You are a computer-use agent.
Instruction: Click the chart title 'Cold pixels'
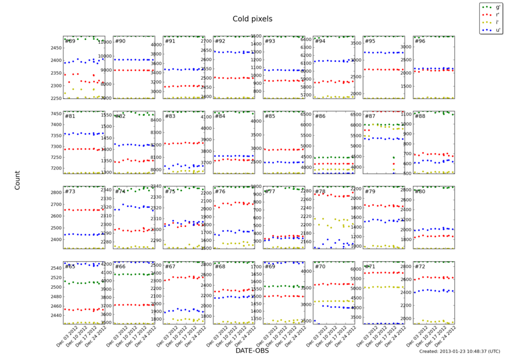tap(252, 19)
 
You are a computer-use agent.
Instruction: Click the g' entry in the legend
tap(497, 7)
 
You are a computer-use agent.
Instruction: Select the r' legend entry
tap(497, 15)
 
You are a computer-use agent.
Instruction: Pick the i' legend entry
tap(497, 22)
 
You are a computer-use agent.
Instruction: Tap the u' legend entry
tap(497, 29)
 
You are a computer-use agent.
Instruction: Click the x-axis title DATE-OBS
tap(252, 350)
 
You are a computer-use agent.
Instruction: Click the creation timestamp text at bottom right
tap(460, 352)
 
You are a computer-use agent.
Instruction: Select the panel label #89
tap(70, 41)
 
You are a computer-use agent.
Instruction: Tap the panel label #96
tap(419, 41)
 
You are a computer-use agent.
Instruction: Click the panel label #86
tap(320, 116)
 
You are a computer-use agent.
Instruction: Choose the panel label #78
tap(320, 192)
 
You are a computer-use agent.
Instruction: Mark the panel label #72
tap(419, 266)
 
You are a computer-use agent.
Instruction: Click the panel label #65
tap(70, 266)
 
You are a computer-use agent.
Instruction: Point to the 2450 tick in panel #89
tap(55, 48)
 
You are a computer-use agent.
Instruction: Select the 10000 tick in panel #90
tap(104, 56)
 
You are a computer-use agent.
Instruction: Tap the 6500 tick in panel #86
tap(305, 114)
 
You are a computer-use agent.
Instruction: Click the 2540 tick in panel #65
tap(55, 268)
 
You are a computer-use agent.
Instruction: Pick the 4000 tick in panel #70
tap(305, 271)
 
